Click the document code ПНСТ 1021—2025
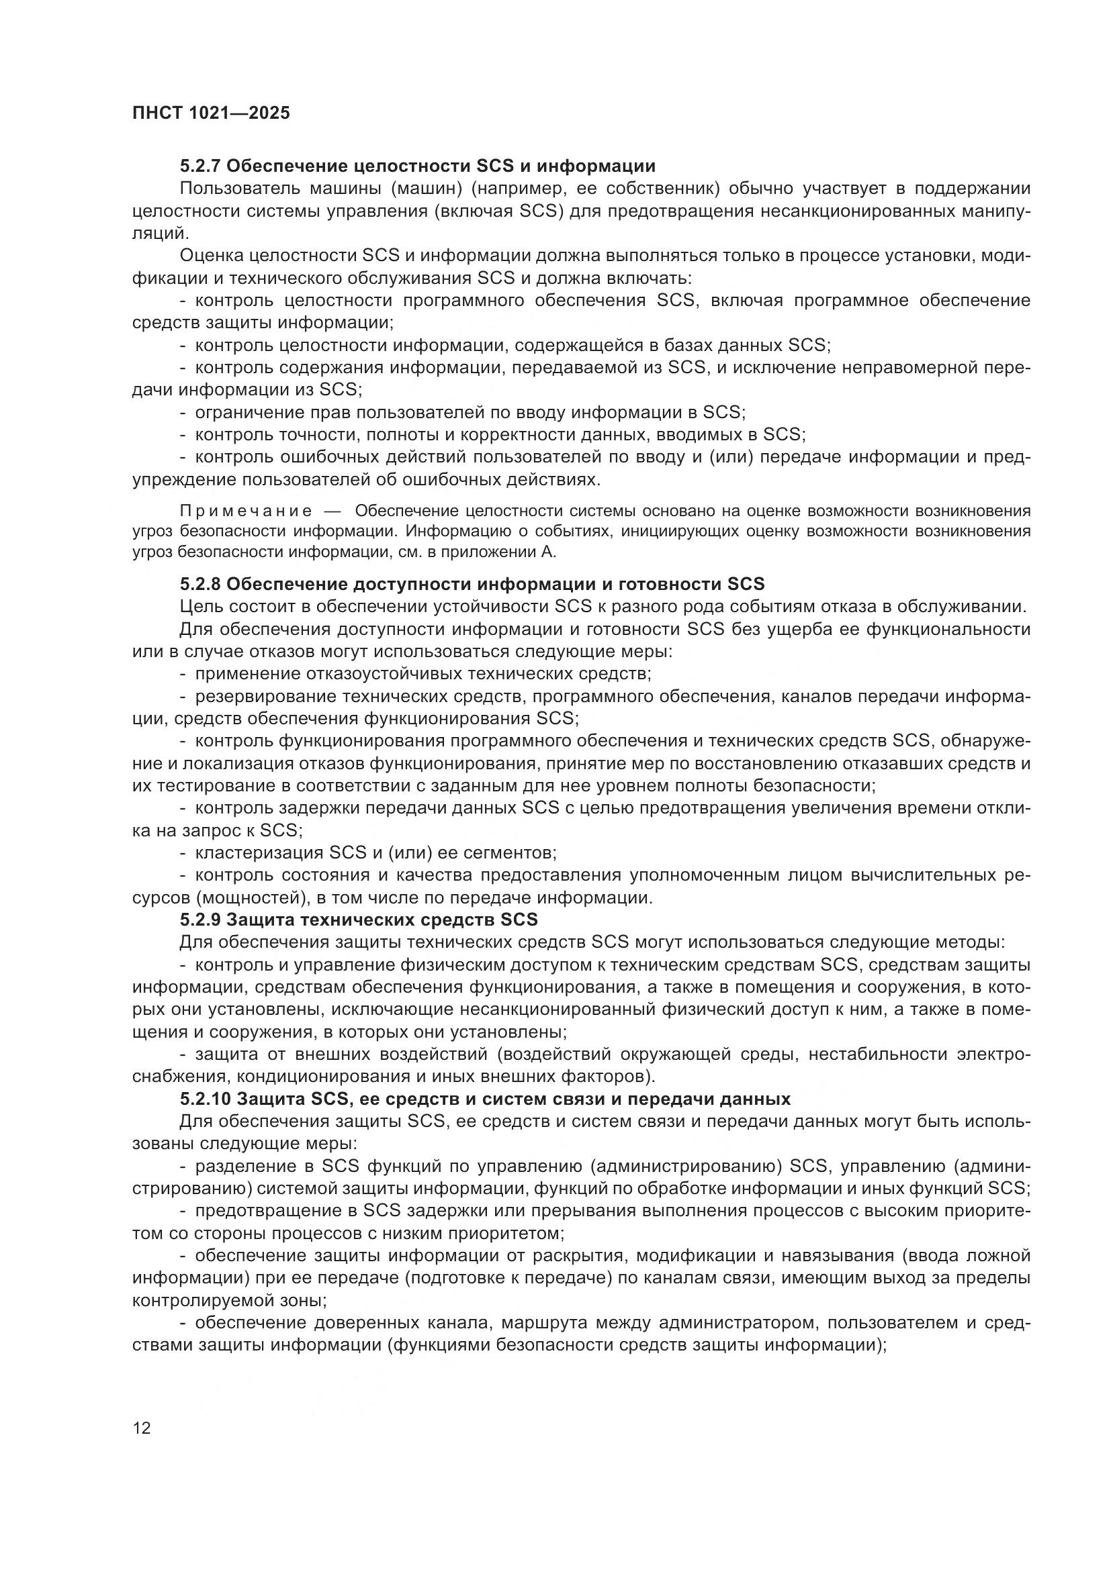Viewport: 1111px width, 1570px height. pyautogui.click(x=211, y=113)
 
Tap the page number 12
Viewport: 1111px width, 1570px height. pyautogui.click(x=142, y=1428)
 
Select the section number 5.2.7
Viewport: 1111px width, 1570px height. pyautogui.click(x=199, y=166)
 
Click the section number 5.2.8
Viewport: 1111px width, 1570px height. pyautogui.click(x=199, y=584)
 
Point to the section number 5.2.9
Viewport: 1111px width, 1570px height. pyautogui.click(x=199, y=920)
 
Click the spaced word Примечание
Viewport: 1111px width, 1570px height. pyautogui.click(x=247, y=511)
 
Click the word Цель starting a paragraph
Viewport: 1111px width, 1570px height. pyautogui.click(x=199, y=607)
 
